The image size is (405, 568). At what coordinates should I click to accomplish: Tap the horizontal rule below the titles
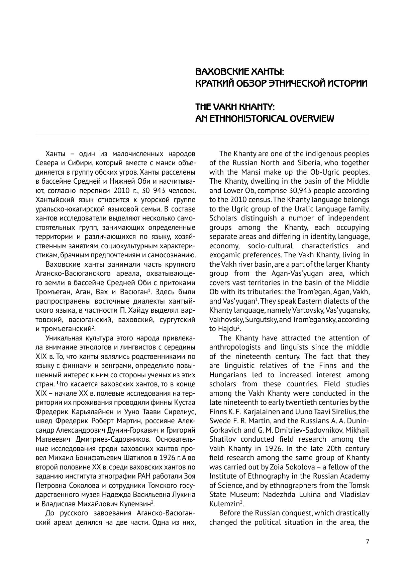(202, 134)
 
